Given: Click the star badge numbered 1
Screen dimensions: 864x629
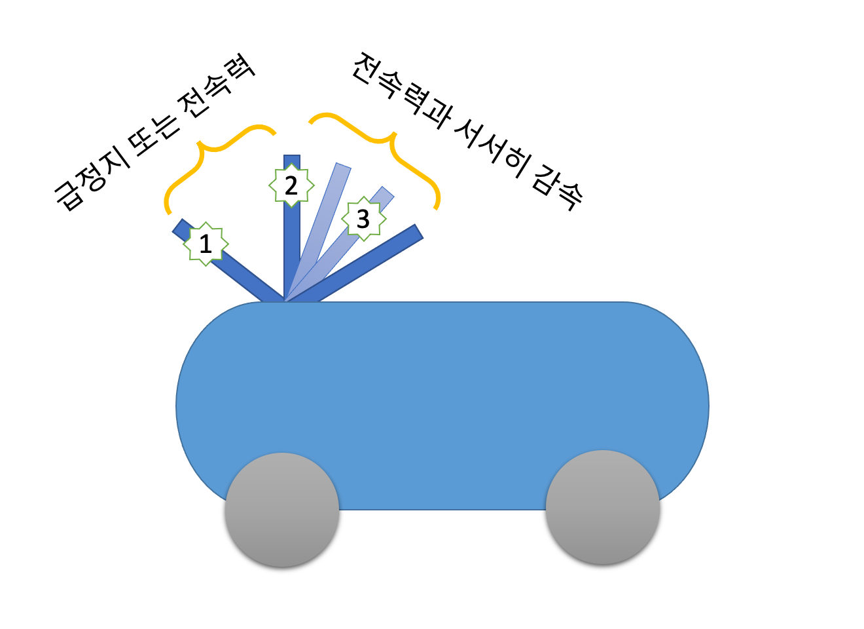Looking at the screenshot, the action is click(x=206, y=244).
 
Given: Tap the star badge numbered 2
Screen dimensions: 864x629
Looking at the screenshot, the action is click(x=291, y=185).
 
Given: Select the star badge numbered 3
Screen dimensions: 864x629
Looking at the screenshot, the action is click(x=363, y=218).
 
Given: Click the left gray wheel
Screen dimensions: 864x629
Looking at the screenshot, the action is click(x=282, y=510).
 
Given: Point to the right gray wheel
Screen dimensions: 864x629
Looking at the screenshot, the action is click(x=603, y=507).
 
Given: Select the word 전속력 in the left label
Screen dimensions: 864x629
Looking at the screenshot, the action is click(x=216, y=85).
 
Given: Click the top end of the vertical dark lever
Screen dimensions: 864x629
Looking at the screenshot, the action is click(x=292, y=159).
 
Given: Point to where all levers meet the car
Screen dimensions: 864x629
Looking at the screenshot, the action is click(x=285, y=300).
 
